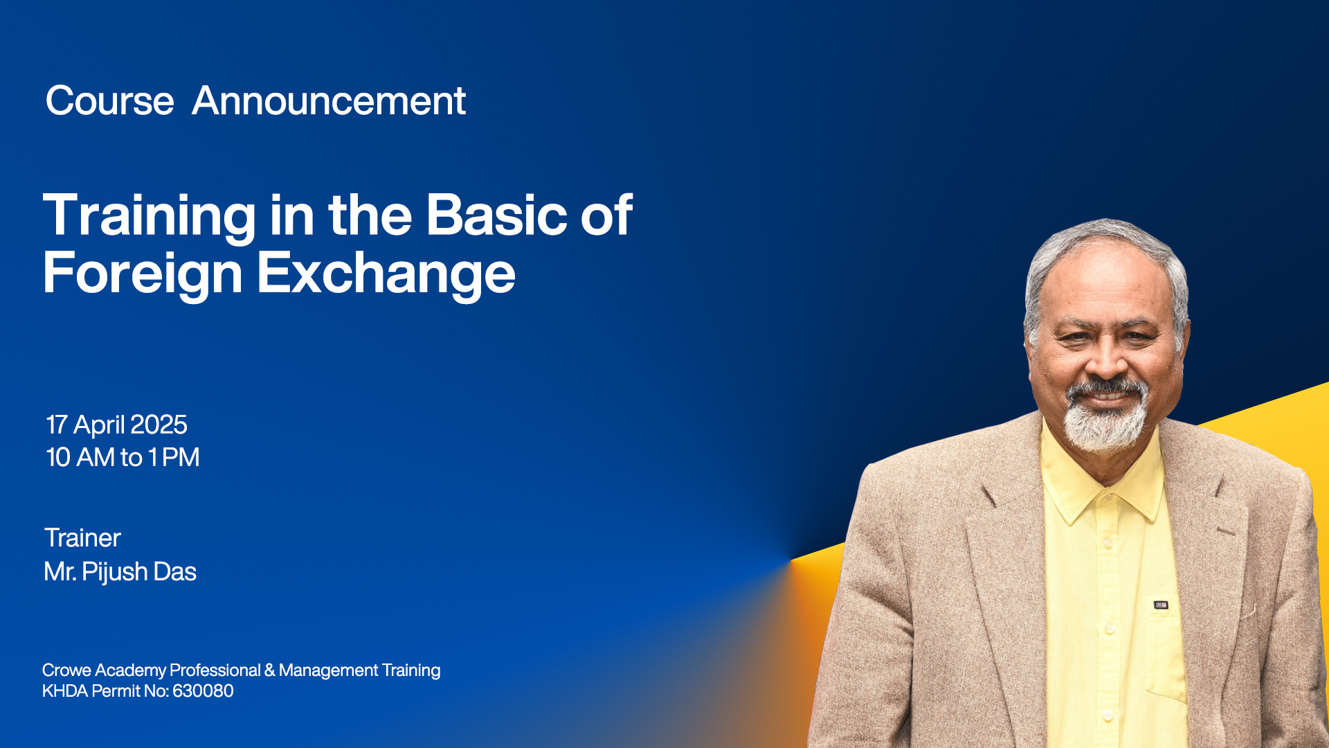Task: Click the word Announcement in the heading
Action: tap(329, 101)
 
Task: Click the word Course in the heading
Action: tap(109, 101)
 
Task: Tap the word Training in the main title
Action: tap(150, 217)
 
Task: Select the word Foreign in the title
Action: tap(143, 275)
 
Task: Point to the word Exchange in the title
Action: tap(386, 275)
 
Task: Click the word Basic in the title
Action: tap(496, 215)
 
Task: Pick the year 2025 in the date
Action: tap(159, 425)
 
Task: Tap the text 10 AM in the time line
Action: tap(80, 457)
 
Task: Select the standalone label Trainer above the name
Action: tap(82, 538)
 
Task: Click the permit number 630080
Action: tap(203, 691)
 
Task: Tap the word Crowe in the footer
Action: tap(66, 670)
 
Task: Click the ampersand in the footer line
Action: tap(269, 670)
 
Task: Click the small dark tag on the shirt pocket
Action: tap(1161, 605)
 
